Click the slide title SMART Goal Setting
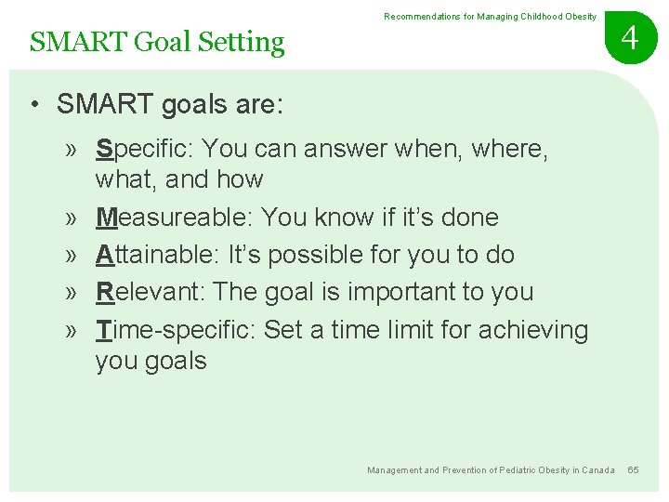pyautogui.click(x=157, y=42)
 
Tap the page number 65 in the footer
pyautogui.click(x=633, y=470)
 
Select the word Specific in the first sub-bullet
pyautogui.click(x=144, y=149)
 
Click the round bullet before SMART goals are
pyautogui.click(x=33, y=105)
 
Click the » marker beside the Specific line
pyautogui.click(x=72, y=149)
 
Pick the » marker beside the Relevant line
pyautogui.click(x=72, y=292)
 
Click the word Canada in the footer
pyautogui.click(x=597, y=470)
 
